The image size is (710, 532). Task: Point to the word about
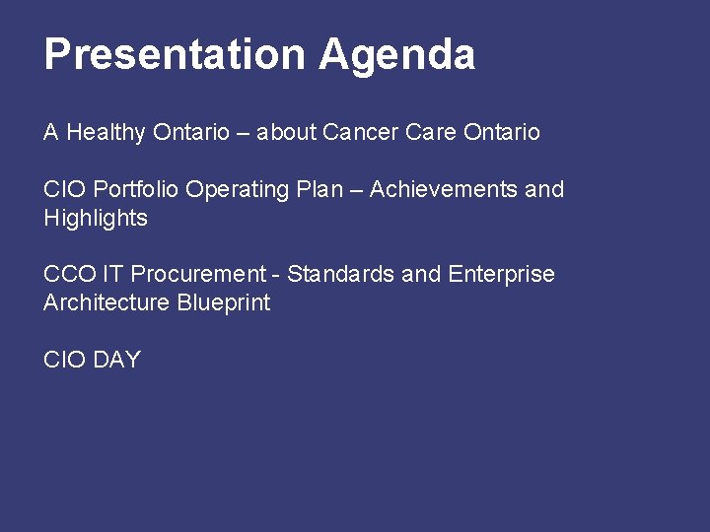[286, 132]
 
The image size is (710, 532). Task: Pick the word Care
[427, 132]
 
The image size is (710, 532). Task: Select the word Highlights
[96, 219]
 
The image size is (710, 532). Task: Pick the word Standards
[341, 274]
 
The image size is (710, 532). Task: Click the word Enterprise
[501, 275]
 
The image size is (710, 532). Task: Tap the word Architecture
[106, 303]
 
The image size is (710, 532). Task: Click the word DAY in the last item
[117, 360]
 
